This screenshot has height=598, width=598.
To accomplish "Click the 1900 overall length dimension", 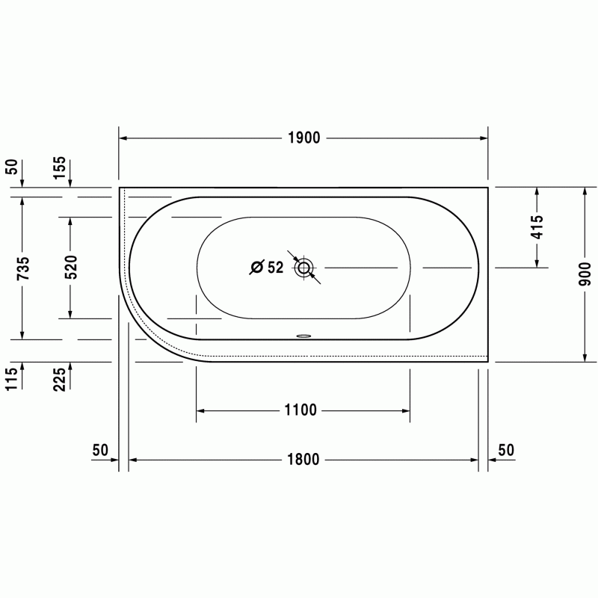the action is [303, 138].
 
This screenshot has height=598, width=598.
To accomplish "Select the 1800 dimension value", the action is [303, 460].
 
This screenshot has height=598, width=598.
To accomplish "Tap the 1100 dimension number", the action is [300, 410].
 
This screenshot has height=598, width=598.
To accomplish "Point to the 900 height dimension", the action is [585, 274].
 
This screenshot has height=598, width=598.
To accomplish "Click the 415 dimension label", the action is [537, 227].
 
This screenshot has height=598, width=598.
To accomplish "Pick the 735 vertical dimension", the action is [23, 268].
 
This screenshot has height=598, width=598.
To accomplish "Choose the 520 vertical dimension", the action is [70, 267].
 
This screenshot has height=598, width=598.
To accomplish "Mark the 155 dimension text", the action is [59, 167].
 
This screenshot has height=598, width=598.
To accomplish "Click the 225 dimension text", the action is [59, 380].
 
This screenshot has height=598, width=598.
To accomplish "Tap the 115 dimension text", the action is [11, 380].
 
